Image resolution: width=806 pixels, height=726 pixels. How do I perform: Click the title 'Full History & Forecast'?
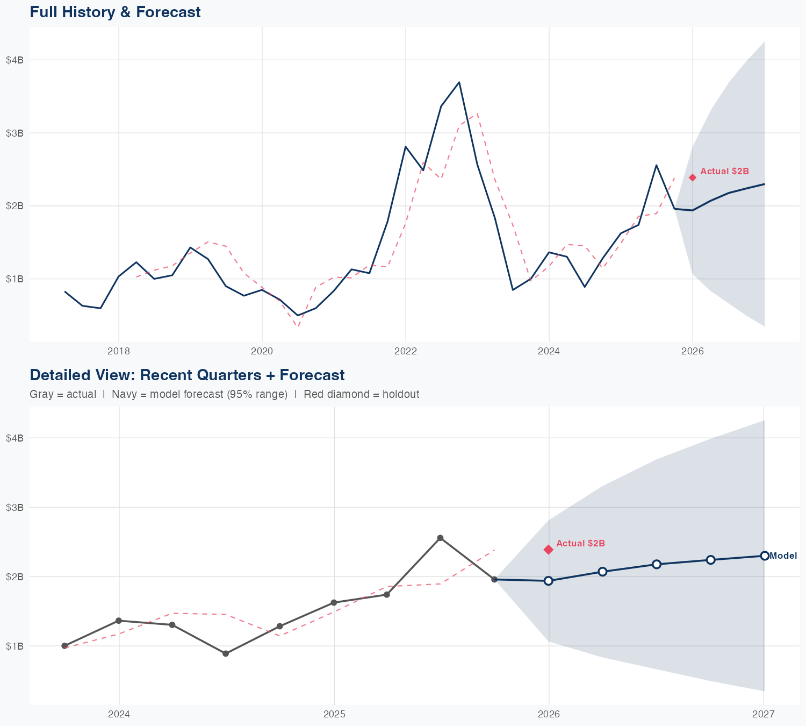[115, 12]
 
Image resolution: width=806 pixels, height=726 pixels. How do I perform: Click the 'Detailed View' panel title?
[187, 375]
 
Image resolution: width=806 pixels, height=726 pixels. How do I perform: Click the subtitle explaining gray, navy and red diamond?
[224, 394]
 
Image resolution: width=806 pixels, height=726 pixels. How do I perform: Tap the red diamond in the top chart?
[693, 177]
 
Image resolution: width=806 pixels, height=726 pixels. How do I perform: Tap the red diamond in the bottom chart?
[548, 549]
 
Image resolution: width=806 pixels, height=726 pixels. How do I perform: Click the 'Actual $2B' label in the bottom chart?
[580, 543]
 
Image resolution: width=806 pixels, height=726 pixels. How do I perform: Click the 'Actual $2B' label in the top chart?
[724, 172]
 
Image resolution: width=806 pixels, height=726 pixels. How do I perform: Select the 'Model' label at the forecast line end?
[783, 556]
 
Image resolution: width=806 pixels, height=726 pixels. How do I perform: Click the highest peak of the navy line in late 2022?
[459, 82]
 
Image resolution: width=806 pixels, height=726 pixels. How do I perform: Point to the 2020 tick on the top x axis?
[262, 351]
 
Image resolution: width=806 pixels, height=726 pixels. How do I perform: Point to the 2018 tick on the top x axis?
[119, 351]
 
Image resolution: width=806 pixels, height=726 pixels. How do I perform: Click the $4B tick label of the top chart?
[15, 60]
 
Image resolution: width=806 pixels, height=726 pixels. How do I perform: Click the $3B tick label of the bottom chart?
[15, 507]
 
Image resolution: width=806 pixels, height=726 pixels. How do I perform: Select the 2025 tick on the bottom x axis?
[334, 714]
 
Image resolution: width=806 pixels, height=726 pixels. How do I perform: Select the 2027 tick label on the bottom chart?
[763, 714]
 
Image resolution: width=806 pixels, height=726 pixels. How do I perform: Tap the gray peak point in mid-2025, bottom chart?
[440, 538]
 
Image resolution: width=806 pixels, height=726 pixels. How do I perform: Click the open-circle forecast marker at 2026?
[548, 581]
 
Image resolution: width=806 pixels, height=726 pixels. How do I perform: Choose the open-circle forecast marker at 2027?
[764, 556]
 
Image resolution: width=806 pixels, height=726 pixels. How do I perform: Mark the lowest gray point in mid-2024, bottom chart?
[226, 653]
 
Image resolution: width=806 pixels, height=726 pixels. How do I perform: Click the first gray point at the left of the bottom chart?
[64, 645]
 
